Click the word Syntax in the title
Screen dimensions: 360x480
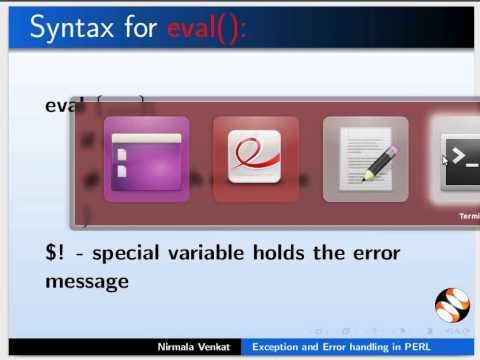click(72, 28)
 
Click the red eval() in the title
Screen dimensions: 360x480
click(204, 28)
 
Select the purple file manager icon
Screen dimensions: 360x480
click(146, 160)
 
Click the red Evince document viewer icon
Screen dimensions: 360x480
click(255, 160)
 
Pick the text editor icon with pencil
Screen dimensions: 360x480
click(365, 160)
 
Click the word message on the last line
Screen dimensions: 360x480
click(86, 281)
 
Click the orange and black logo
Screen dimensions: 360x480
click(451, 304)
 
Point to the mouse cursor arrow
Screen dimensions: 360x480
click(445, 158)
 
